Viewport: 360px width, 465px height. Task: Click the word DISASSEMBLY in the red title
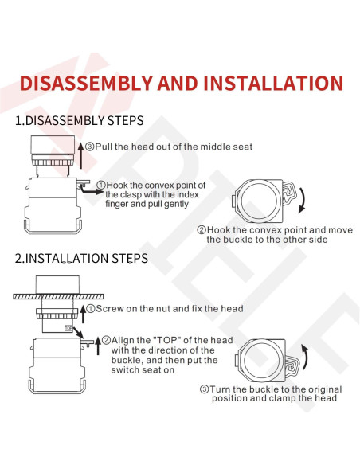tap(86, 83)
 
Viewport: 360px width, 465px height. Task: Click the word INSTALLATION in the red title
tap(273, 83)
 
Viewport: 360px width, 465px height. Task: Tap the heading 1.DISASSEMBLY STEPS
tap(80, 121)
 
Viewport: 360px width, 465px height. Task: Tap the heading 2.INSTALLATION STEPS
tap(81, 258)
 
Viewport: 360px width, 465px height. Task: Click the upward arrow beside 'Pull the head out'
tap(81, 156)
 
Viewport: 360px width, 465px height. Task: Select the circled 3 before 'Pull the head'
tap(90, 147)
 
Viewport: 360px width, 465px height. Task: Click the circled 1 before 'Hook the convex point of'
tap(101, 185)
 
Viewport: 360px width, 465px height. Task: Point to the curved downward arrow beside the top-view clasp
tap(303, 199)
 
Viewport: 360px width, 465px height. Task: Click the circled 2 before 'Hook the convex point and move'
tap(202, 230)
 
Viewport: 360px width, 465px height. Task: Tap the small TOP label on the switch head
tap(68, 328)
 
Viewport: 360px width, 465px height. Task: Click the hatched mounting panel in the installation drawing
tap(58, 296)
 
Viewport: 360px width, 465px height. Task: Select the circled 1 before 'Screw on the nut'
tap(91, 308)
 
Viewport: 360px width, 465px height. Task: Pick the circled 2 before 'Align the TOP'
tap(106, 340)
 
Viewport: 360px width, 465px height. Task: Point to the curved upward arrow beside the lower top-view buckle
tap(305, 357)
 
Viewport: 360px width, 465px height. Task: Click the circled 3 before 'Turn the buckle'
tap(205, 389)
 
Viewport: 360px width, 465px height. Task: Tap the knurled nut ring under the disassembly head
tap(53, 162)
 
